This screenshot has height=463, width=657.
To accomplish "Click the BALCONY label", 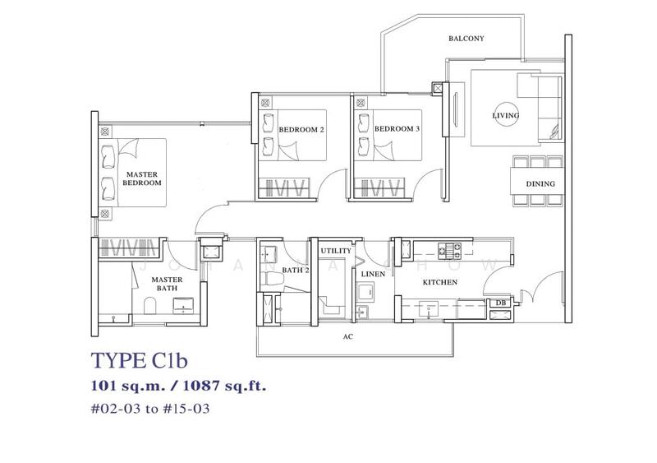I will (465, 39).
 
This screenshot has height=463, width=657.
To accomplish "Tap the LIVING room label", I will (505, 116).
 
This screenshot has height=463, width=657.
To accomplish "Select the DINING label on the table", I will (540, 183).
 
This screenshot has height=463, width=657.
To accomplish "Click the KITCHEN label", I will (439, 283).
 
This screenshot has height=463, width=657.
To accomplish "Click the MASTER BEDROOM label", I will (141, 178).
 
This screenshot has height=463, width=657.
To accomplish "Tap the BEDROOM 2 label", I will (301, 130).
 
